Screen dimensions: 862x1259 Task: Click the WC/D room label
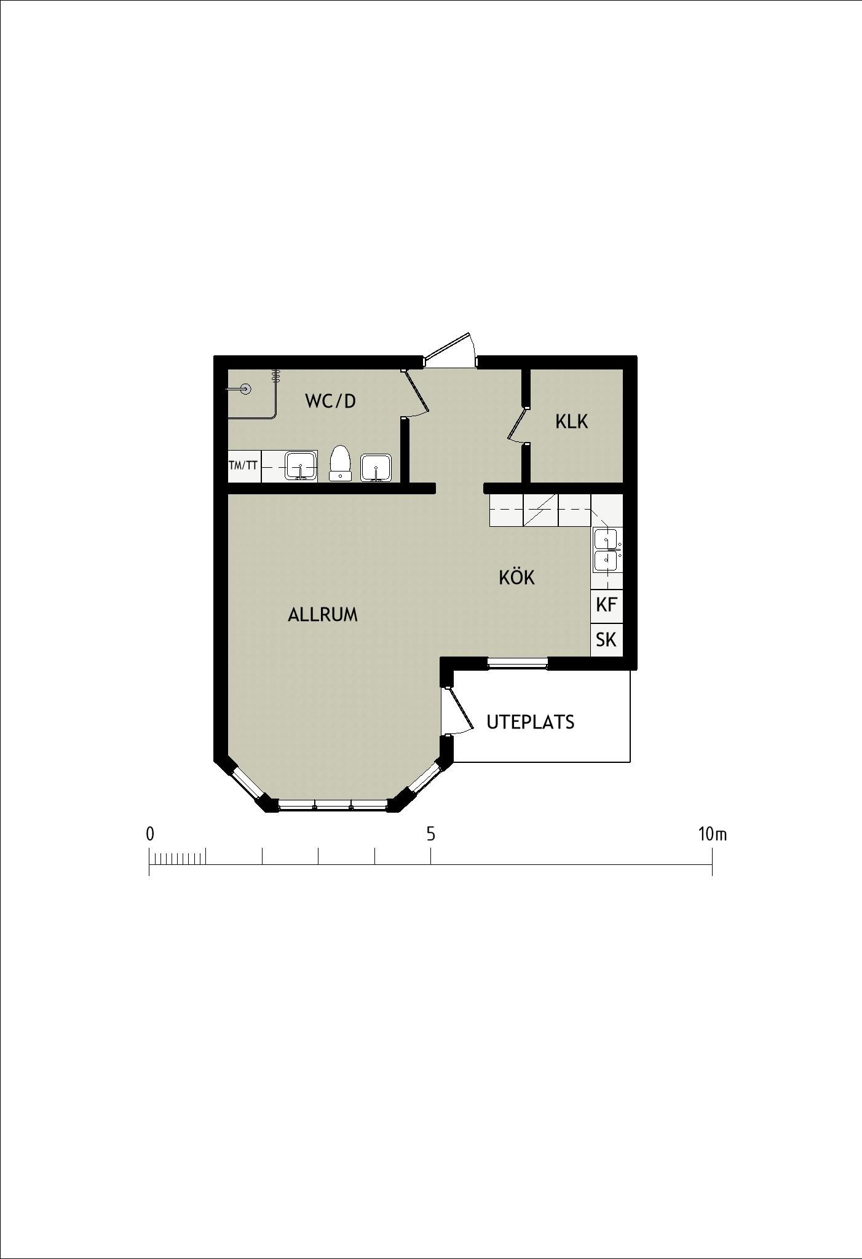click(330, 401)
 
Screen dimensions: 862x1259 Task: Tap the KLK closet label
click(571, 422)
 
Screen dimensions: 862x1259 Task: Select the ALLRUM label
click(323, 615)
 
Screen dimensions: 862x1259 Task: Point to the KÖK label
click(516, 577)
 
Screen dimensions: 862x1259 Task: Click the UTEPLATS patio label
click(531, 722)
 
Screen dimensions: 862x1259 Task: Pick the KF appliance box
click(606, 605)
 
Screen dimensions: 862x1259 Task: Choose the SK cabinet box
click(606, 640)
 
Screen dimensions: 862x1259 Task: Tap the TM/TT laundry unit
click(244, 465)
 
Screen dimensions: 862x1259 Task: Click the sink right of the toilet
click(375, 468)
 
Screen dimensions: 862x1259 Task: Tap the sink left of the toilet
click(301, 465)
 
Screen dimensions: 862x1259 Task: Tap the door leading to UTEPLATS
click(458, 710)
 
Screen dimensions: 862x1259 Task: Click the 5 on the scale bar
click(431, 834)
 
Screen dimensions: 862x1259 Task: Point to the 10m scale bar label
click(713, 834)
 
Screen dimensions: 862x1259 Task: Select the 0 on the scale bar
click(149, 834)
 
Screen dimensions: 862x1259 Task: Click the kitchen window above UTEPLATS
click(517, 663)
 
